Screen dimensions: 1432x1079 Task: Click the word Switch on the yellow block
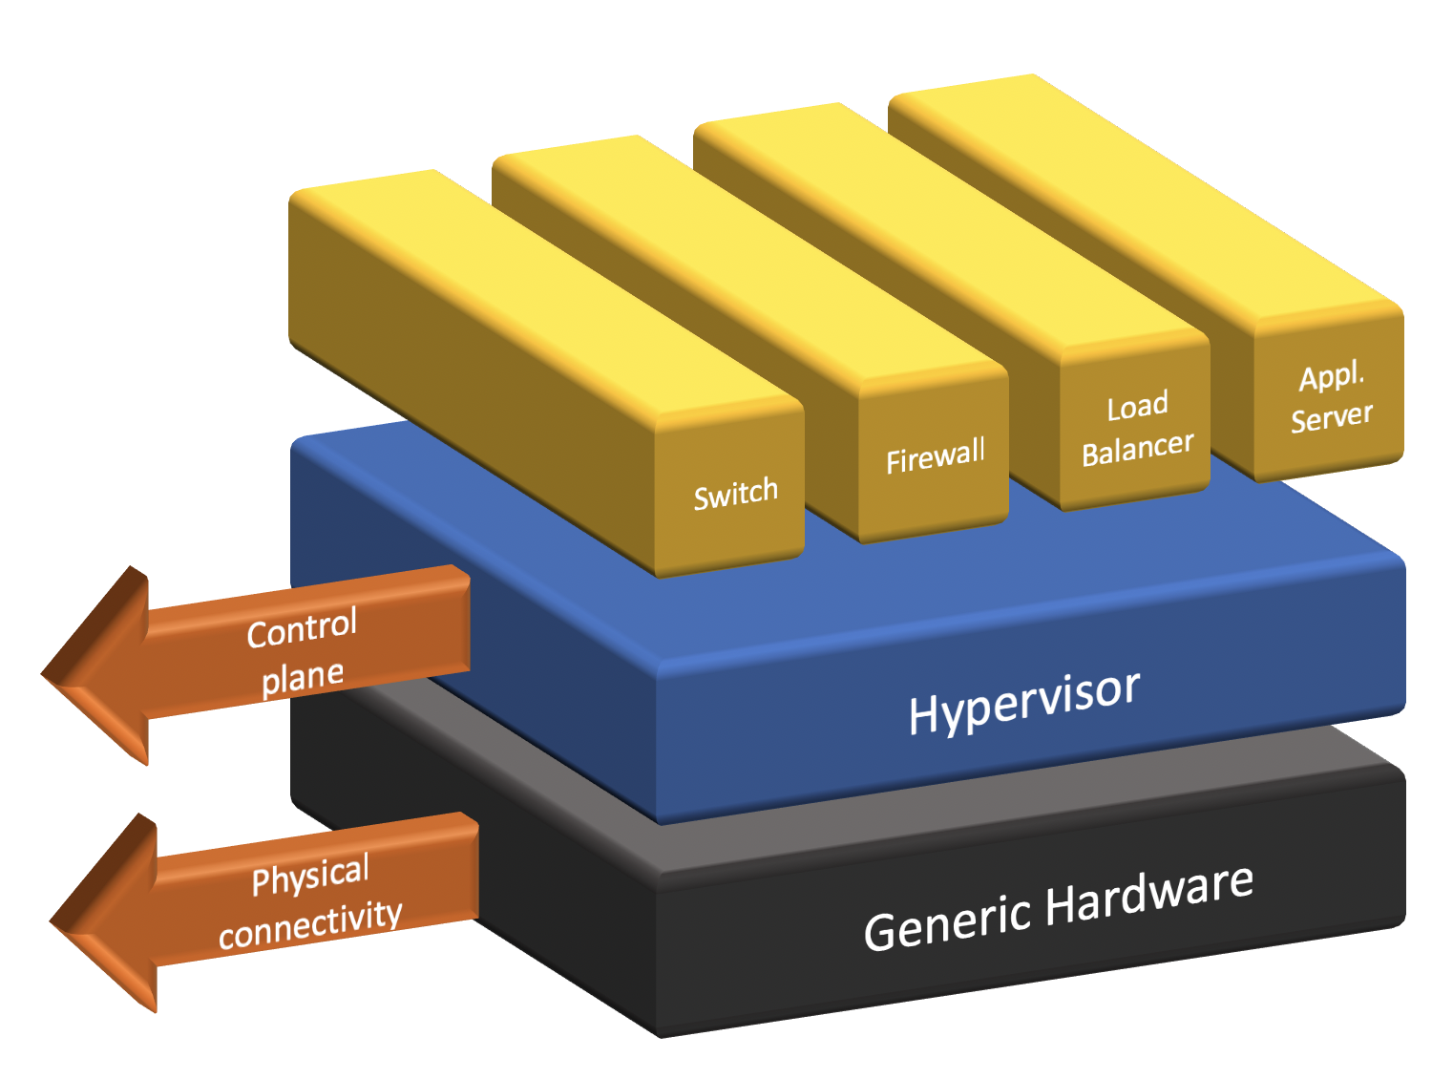tap(735, 493)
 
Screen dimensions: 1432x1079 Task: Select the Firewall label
tap(935, 456)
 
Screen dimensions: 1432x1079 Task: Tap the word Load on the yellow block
tap(1136, 405)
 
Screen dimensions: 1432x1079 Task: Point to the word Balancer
tap(1137, 448)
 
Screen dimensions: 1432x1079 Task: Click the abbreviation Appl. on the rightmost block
tap(1331, 375)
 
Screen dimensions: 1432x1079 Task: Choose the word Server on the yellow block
tap(1331, 416)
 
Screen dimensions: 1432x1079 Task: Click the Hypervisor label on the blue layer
tap(1024, 703)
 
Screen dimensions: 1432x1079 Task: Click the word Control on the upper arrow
tap(302, 627)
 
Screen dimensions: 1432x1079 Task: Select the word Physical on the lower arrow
tap(310, 875)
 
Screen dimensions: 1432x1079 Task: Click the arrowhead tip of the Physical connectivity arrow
tap(51, 922)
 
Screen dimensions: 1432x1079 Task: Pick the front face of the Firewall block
tap(934, 455)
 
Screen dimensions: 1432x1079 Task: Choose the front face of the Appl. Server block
tap(1329, 392)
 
